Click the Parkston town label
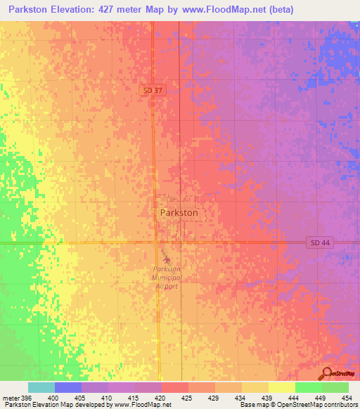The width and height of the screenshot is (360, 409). [179, 212]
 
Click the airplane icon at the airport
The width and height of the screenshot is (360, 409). [166, 259]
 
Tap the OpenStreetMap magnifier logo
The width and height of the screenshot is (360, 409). [326, 373]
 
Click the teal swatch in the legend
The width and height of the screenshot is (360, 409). [41, 387]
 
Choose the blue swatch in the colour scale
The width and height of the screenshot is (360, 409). [68, 387]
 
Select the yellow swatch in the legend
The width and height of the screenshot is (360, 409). [282, 387]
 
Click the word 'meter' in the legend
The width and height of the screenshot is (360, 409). [11, 398]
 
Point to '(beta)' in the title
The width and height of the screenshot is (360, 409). [281, 9]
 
